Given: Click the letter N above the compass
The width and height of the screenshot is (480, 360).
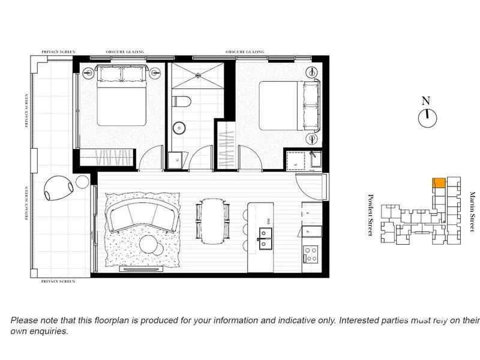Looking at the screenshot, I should [x=426, y=101].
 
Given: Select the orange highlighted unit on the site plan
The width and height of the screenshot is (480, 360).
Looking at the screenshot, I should [x=439, y=182].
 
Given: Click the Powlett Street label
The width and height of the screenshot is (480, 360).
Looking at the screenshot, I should [x=371, y=215].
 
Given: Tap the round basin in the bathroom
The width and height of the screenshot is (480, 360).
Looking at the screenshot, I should [x=179, y=127].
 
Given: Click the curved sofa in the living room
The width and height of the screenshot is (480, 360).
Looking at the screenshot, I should [x=142, y=215].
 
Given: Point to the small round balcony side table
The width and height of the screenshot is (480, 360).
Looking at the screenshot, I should [x=81, y=184].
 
